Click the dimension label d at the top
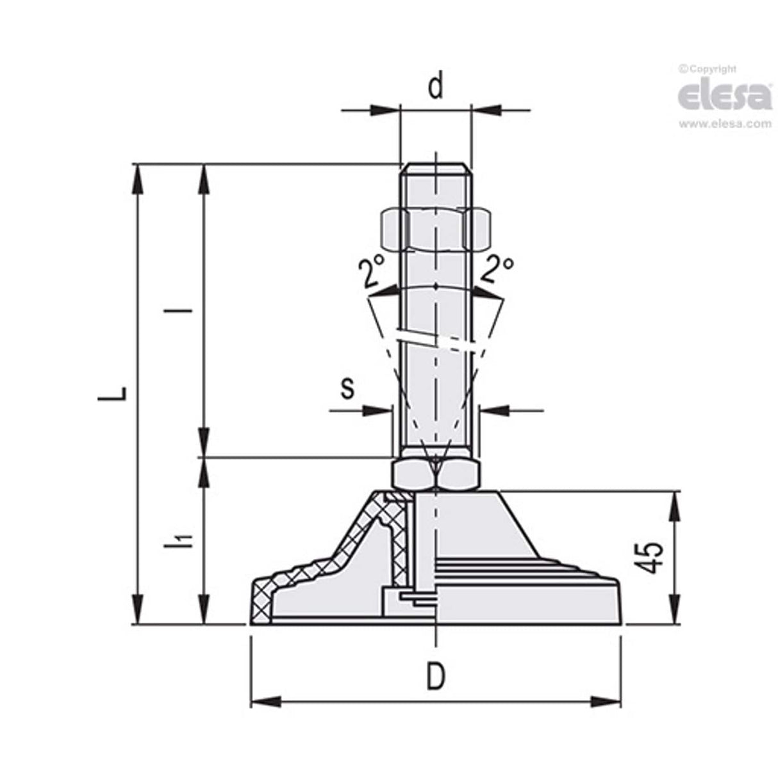coord(435,87)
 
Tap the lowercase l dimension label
coord(186,311)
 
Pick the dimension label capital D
coord(435,675)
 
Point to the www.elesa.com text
coord(725,124)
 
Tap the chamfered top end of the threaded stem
coord(435,168)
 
